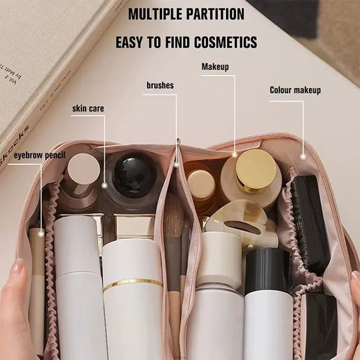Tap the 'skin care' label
point(88,109)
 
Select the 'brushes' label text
point(160,86)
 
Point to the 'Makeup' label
point(215,67)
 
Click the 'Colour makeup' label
point(295,90)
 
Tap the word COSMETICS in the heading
point(221,42)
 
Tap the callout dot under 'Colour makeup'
point(303,156)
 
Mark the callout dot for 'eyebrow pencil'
point(41,233)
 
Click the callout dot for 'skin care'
point(104,185)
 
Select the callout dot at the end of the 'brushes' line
point(175,164)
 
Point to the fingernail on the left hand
point(16,268)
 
